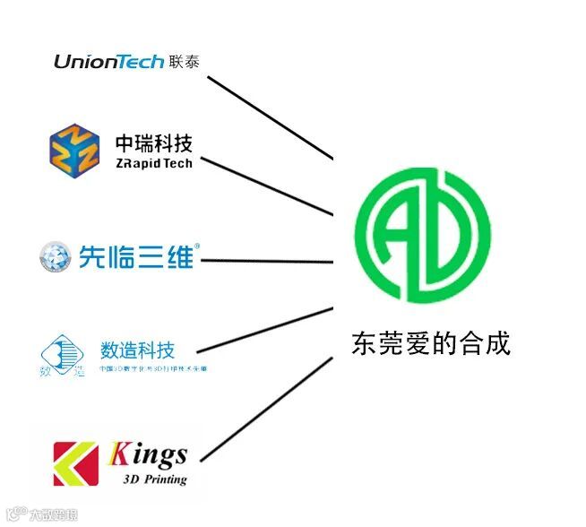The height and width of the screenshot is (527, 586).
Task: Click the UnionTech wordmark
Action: pos(108,61)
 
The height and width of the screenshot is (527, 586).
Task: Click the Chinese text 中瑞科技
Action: pos(153,143)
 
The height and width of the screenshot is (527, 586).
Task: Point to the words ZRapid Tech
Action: pos(153,163)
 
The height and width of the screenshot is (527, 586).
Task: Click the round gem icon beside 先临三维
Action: pos(56,257)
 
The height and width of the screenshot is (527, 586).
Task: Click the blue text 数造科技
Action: pos(137,350)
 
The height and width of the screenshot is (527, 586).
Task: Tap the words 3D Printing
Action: pos(154,479)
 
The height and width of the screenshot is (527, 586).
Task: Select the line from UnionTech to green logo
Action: pos(269,117)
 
